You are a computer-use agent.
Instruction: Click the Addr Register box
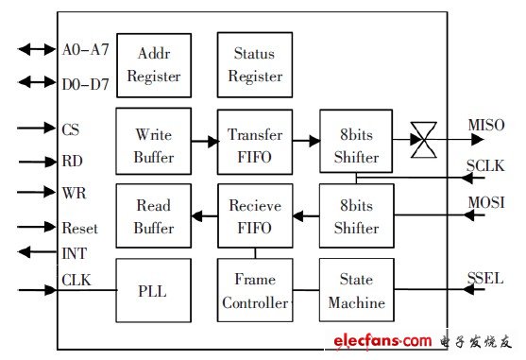pos(154,65)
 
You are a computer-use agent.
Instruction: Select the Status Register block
pos(255,65)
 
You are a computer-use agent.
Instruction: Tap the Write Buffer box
pos(154,141)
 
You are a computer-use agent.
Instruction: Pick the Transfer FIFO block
pos(255,142)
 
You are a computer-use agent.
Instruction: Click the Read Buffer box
pos(154,215)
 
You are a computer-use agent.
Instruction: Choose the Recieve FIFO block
pos(255,215)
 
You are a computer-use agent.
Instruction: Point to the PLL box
pos(154,290)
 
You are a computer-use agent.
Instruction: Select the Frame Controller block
pos(255,290)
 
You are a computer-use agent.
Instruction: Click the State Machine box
pos(357,290)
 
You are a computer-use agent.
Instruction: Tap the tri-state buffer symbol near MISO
pos(424,140)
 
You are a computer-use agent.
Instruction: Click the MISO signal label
pos(486,125)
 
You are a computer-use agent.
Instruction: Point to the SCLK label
pos(485,165)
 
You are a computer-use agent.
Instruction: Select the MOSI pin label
pos(486,202)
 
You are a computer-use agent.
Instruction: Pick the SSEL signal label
pos(485,278)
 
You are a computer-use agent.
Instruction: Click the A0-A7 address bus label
pos(86,50)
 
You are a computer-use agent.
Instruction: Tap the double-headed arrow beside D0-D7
pos(37,82)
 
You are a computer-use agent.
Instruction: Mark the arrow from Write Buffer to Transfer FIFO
pos(205,141)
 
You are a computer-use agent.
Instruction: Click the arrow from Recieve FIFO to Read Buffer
pos(204,215)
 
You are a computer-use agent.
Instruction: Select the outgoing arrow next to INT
pos(37,252)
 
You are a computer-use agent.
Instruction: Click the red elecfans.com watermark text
pos(382,341)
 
